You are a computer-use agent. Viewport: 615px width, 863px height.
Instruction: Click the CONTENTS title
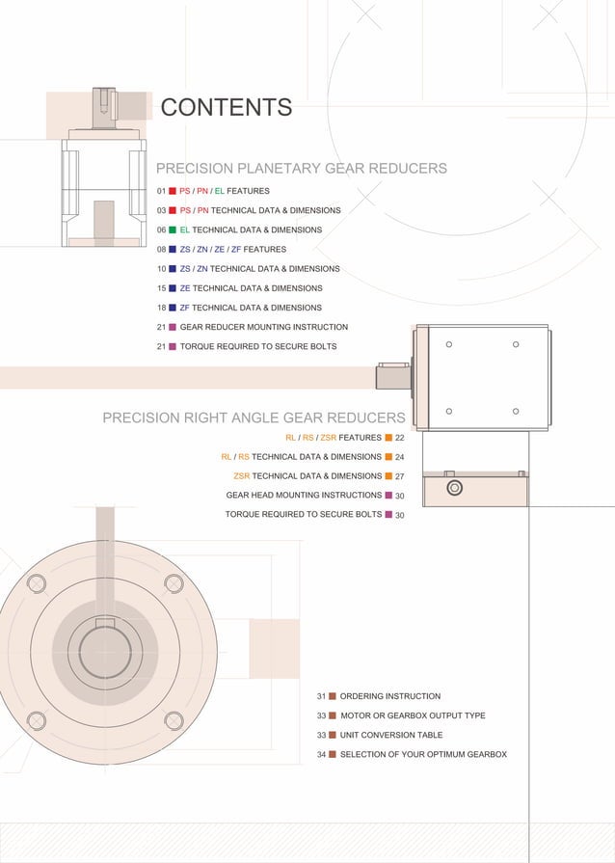226,107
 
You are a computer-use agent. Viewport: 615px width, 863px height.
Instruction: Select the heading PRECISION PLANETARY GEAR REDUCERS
301,169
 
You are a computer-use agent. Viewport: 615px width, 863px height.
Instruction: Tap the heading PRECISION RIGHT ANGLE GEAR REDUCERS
254,418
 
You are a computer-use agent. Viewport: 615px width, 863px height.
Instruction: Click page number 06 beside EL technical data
161,230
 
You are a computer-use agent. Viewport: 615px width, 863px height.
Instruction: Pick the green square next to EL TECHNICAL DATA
173,230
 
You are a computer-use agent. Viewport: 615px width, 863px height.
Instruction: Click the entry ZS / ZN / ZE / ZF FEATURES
232,250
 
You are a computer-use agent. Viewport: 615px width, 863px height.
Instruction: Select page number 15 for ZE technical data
161,288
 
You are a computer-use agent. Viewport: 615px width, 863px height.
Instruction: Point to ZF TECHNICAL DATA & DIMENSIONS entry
251,308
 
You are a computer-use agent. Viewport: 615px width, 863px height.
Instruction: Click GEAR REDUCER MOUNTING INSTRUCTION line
263,327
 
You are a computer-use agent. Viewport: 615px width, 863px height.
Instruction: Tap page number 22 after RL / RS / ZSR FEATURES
399,438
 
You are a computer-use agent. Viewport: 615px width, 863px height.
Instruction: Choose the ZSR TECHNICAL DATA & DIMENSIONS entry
307,476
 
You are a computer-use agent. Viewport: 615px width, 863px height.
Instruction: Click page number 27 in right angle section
399,476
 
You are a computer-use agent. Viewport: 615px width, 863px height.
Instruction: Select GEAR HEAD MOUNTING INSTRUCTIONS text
304,496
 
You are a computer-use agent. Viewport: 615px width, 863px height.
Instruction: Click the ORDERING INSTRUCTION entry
389,696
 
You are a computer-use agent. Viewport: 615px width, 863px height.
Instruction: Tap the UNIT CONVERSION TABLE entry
390,735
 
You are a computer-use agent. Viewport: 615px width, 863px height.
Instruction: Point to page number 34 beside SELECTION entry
321,755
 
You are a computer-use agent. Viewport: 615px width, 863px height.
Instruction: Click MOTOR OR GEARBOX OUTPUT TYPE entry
412,715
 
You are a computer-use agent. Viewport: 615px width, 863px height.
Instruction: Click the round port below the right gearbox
455,488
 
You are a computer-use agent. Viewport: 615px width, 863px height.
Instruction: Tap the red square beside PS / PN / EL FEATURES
173,191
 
